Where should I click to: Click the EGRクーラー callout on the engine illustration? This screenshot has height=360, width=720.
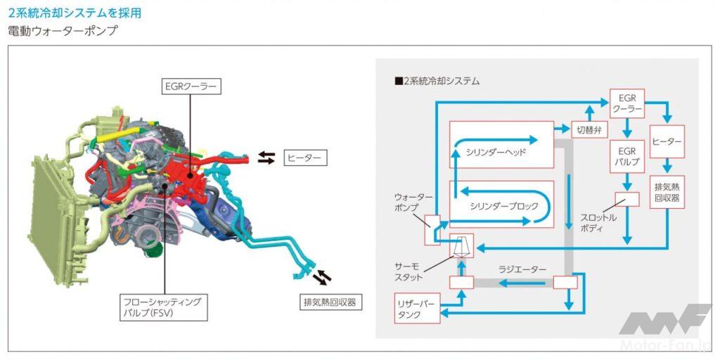point(191,88)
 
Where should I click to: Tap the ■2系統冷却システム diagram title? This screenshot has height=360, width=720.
point(437,81)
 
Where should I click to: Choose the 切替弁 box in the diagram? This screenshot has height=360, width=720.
point(589,129)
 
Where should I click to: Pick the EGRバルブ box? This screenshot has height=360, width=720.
point(626,156)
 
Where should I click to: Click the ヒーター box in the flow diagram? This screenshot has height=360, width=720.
point(667,141)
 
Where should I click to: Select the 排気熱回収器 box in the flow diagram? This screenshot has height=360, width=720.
point(667,193)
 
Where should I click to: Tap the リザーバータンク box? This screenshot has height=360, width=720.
point(418,309)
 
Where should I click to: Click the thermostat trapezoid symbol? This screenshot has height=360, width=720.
point(461,246)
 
